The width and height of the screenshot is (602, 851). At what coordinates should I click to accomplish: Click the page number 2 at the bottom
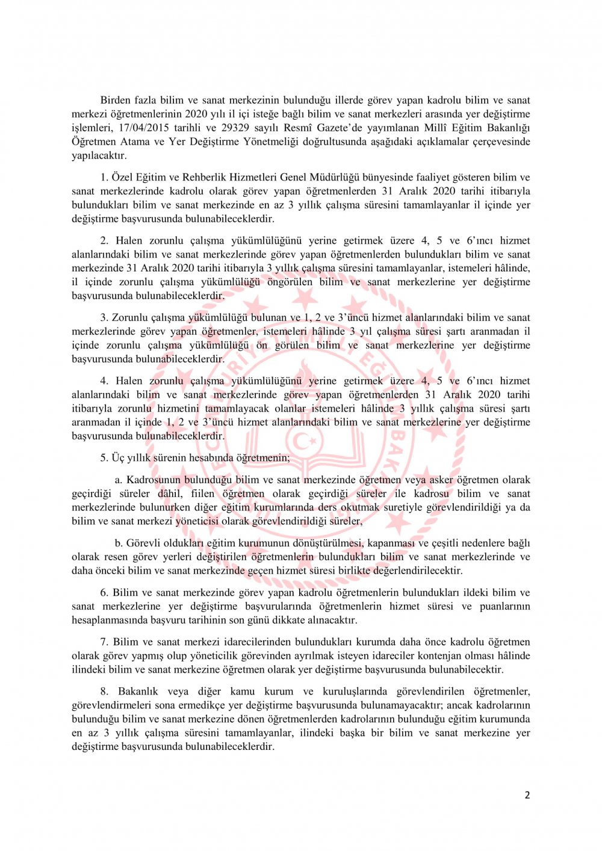click(527, 795)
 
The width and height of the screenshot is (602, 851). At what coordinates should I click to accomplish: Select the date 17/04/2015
click(143, 128)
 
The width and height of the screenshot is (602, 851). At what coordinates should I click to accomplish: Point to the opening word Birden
click(116, 100)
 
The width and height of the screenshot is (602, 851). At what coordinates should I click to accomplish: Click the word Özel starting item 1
click(122, 177)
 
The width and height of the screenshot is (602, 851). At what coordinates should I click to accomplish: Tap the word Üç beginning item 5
click(119, 457)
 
